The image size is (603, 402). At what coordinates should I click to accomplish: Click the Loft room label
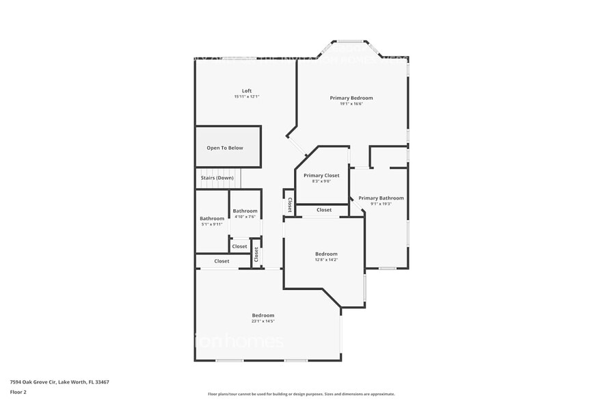247,91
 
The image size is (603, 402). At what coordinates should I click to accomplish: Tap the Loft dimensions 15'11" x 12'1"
247,97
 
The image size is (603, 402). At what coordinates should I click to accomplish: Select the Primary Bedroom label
351,98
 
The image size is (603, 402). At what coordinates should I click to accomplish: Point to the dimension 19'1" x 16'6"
351,104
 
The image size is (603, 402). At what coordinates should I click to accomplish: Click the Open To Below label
225,148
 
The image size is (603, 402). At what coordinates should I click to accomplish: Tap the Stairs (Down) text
217,178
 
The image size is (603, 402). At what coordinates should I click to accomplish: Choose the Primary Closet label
321,176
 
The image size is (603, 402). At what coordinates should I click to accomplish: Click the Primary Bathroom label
381,198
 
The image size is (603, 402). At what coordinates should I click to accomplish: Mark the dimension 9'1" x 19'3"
381,204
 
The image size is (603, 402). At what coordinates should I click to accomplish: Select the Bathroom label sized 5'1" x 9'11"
212,219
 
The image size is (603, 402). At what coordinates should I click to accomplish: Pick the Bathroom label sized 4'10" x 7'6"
245,211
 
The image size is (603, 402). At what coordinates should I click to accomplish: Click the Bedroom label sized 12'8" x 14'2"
326,254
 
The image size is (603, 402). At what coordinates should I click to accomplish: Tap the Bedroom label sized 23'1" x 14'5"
263,315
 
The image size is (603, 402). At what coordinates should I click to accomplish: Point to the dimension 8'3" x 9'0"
321,181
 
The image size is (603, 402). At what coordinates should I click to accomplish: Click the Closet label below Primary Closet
324,210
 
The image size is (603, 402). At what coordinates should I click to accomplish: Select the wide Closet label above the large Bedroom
222,261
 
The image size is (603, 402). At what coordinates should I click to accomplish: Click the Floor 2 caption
18,392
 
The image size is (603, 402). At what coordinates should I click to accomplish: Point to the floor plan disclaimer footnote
301,394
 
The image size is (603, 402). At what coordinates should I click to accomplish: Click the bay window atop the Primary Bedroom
351,42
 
